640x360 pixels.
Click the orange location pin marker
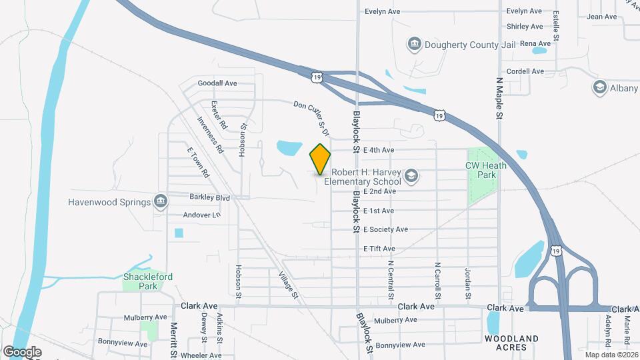(x=321, y=159)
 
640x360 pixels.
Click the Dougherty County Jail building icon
(x=415, y=45)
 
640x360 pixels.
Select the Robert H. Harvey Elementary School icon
(x=411, y=175)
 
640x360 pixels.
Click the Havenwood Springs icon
(x=160, y=201)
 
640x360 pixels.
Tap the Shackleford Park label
(x=139, y=281)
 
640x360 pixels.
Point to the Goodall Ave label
(x=217, y=83)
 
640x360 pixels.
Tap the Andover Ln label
(x=201, y=215)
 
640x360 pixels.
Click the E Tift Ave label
(x=379, y=249)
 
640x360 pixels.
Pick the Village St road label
(x=289, y=285)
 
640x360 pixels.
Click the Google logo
(x=22, y=352)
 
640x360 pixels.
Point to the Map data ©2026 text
(x=611, y=355)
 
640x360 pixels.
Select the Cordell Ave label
(x=525, y=71)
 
